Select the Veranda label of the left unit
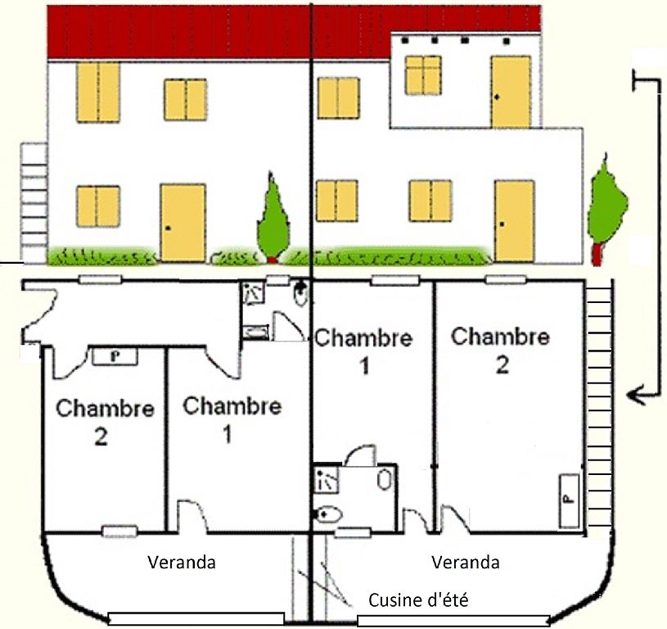[182, 563]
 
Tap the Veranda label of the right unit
[466, 563]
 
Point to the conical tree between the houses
[273, 217]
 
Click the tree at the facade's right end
[606, 205]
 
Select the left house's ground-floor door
[183, 223]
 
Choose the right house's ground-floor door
[514, 220]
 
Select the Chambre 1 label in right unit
[363, 350]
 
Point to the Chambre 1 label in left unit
[232, 419]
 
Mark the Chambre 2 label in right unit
[500, 349]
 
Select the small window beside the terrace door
[423, 75]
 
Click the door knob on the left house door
[167, 228]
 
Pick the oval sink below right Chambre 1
[382, 480]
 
